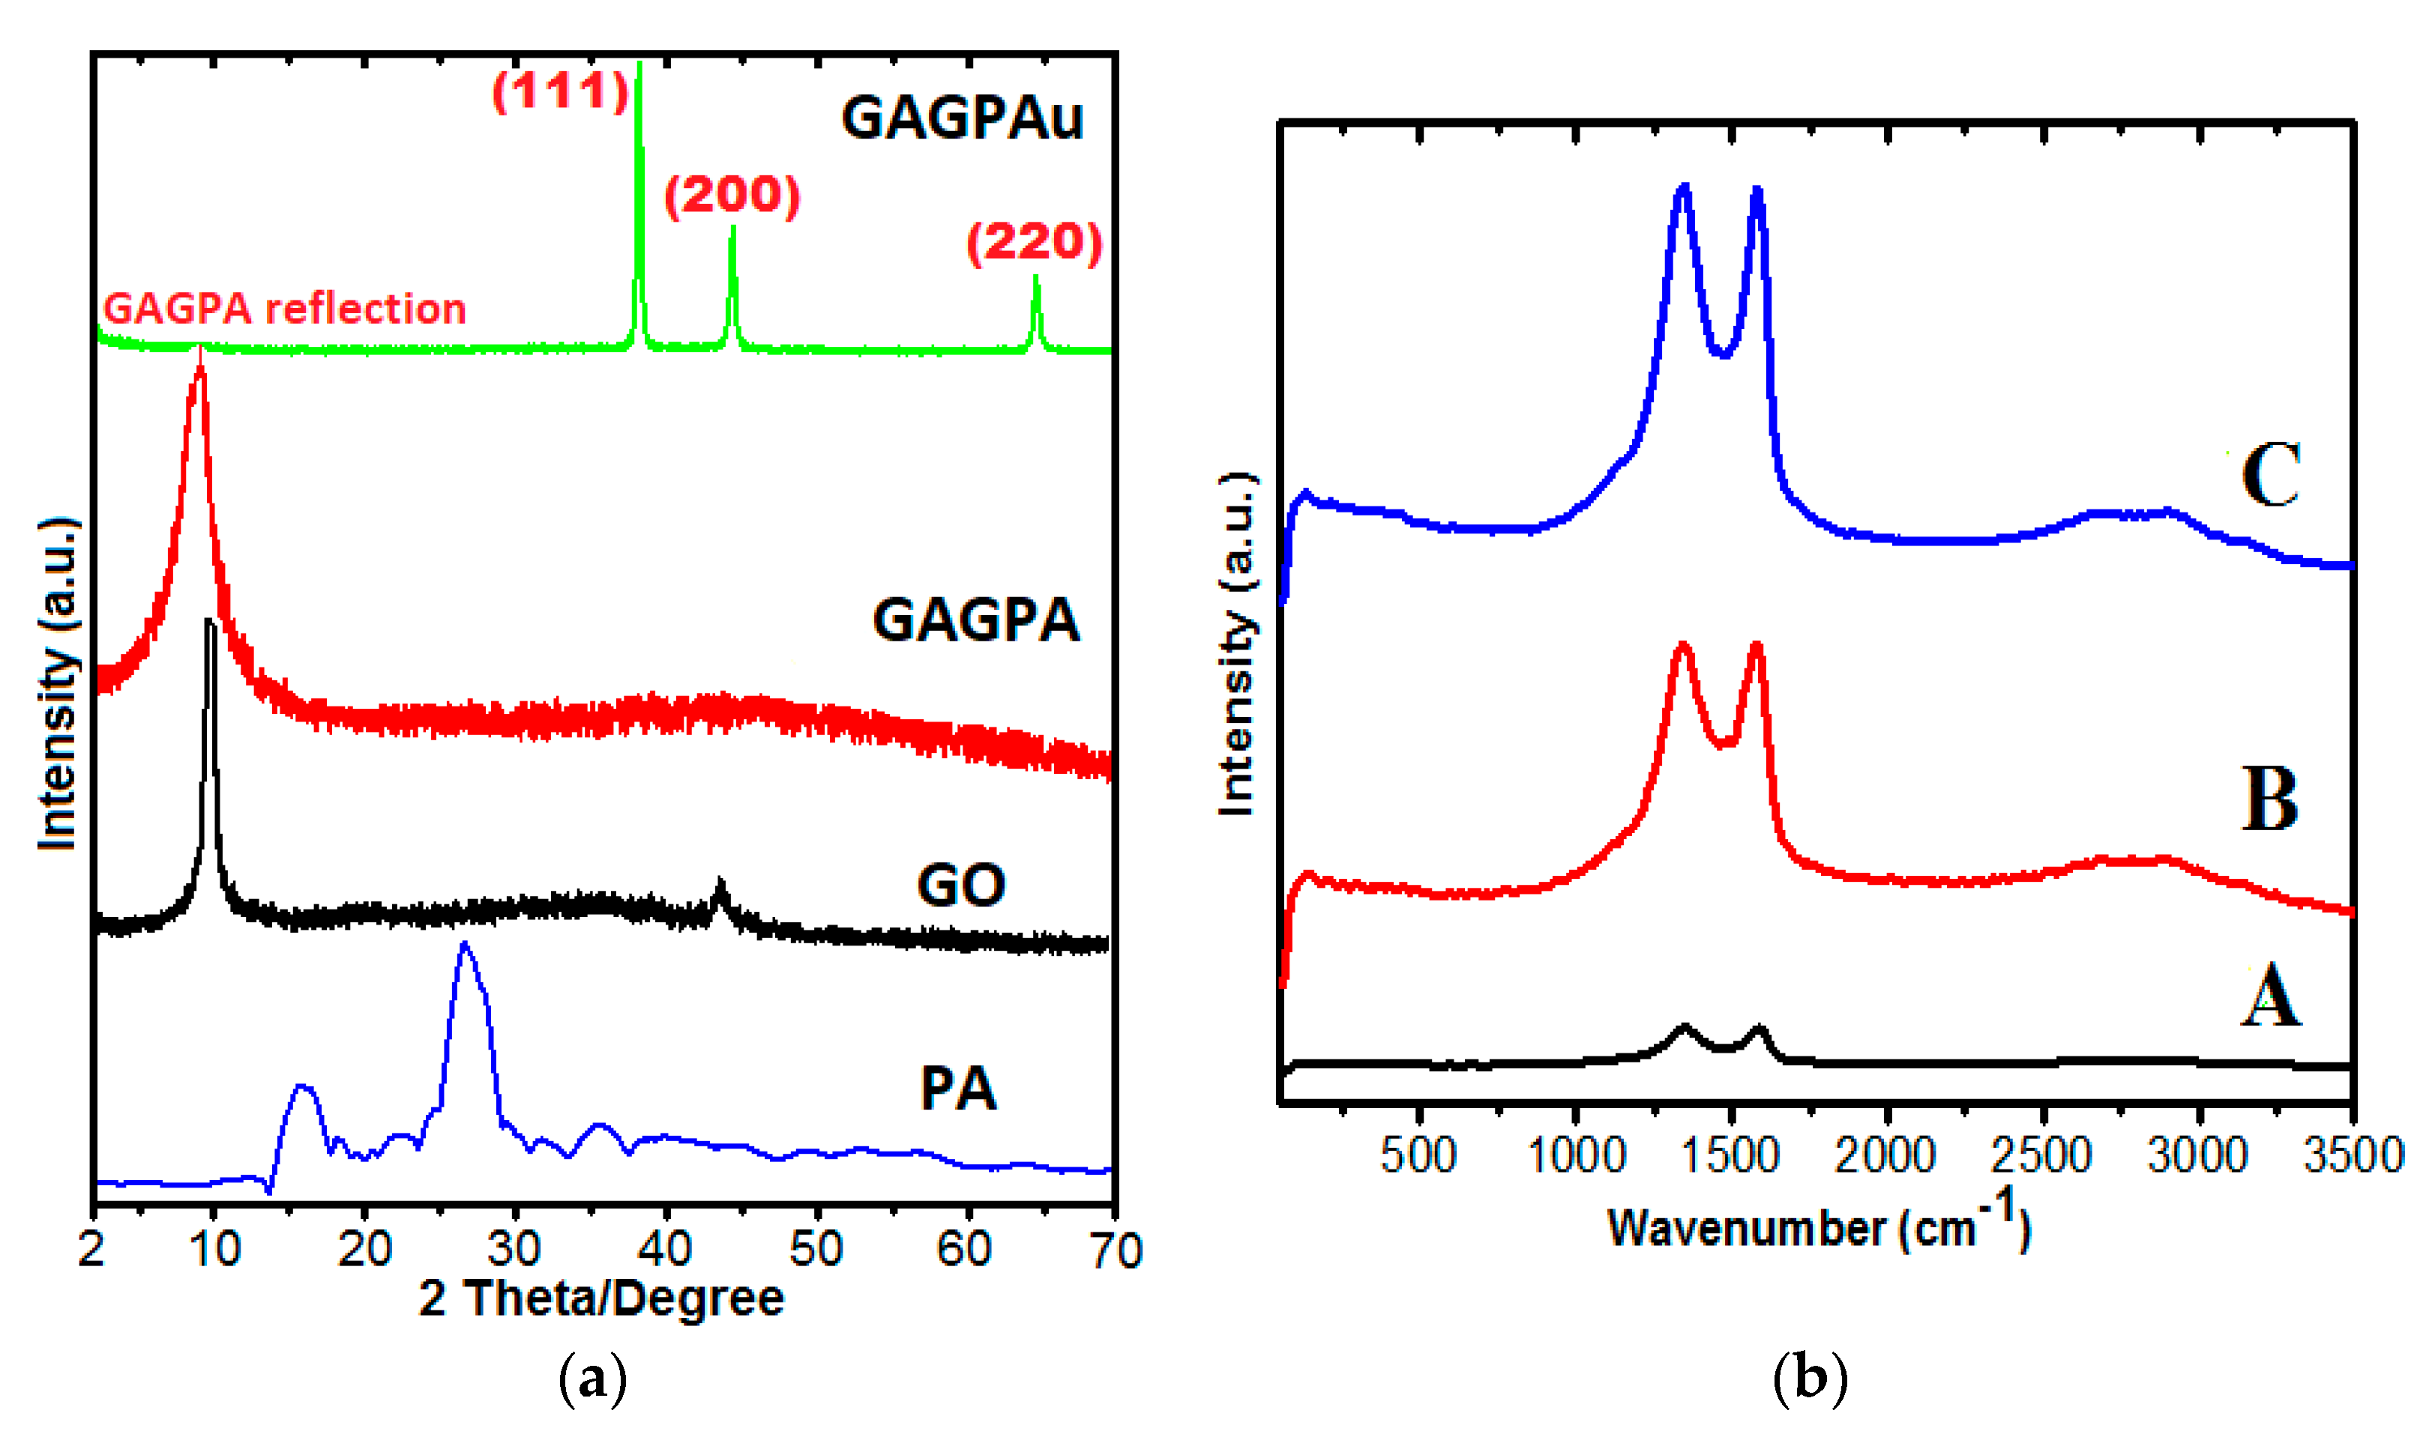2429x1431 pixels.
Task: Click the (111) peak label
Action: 561,91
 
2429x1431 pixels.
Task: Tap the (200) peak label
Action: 732,196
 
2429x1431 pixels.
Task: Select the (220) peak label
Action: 1034,242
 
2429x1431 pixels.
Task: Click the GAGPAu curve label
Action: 962,118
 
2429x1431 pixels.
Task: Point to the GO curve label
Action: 961,886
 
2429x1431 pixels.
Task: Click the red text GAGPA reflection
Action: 285,309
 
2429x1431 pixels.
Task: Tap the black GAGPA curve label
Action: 976,620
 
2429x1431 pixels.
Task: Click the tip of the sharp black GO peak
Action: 209,622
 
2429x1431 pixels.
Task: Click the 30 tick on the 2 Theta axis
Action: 514,1250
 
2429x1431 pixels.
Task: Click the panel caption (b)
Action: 1810,1379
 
